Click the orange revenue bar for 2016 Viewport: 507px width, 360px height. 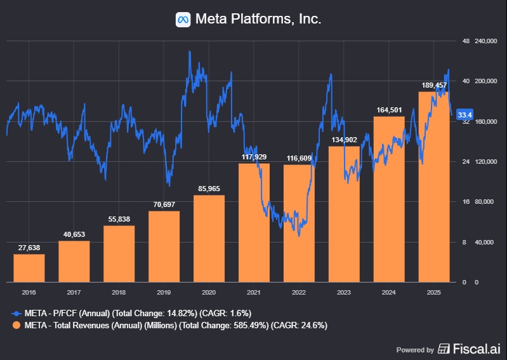click(29, 268)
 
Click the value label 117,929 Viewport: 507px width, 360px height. click(254, 157)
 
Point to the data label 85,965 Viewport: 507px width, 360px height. click(209, 189)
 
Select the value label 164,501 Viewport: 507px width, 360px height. click(389, 110)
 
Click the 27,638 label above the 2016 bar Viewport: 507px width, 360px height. click(29, 247)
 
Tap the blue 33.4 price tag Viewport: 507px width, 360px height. click(465, 114)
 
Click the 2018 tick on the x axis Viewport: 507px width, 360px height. click(119, 293)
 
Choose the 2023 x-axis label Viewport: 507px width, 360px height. click(344, 293)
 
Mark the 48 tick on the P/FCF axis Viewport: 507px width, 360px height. click(466, 41)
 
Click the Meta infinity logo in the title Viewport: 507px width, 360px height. click(183, 20)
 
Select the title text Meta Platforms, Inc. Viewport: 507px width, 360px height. click(258, 20)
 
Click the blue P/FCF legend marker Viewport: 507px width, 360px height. click(15, 313)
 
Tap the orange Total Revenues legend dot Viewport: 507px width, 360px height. click(15, 325)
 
